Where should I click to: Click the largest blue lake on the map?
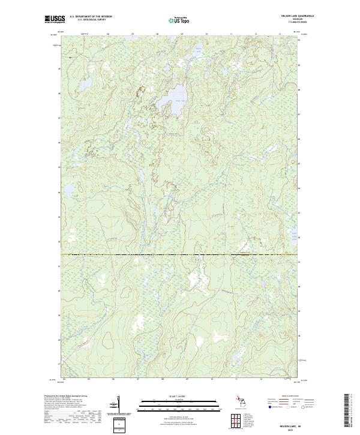click(176, 95)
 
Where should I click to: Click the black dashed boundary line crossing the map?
click(180, 254)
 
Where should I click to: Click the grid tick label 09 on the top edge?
click(181, 34)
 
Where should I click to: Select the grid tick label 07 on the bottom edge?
click(138, 379)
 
